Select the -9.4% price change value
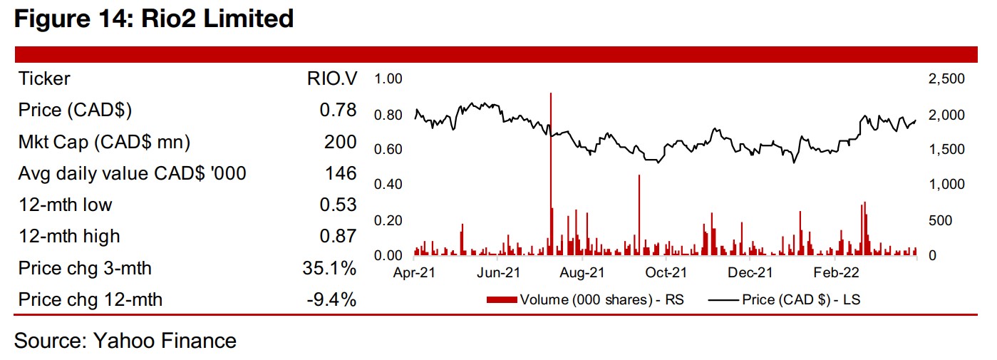[x=331, y=299]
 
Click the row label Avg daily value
[x=133, y=173]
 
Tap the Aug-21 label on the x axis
[x=582, y=272]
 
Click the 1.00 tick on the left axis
[x=389, y=78]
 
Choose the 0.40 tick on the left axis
[x=389, y=185]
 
